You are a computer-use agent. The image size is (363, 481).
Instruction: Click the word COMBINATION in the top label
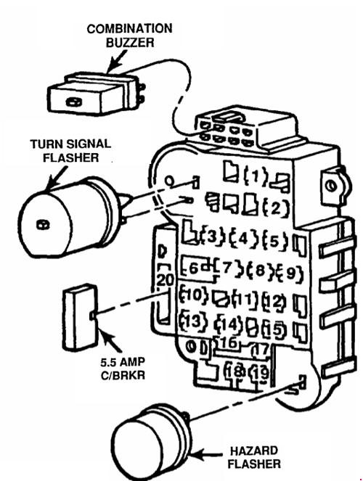tap(129, 28)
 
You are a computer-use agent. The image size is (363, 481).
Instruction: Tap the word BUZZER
tap(130, 43)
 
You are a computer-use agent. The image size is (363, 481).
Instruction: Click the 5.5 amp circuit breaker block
tap(81, 316)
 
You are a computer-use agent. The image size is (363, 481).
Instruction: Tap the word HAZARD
tap(254, 451)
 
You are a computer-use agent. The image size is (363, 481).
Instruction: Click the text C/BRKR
tap(123, 375)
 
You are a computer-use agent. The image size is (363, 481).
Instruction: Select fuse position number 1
tap(256, 176)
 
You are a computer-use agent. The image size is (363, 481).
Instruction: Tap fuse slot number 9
tap(290, 272)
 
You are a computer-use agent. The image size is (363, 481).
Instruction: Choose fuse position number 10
tap(194, 295)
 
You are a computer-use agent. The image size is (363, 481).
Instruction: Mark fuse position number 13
tap(194, 321)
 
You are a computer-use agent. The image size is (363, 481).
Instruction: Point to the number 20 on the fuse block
tap(165, 279)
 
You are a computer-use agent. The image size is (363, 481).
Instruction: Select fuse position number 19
tap(260, 373)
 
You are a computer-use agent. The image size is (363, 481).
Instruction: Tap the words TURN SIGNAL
tap(70, 144)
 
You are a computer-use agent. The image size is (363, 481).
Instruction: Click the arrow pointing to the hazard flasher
tap(208, 454)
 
